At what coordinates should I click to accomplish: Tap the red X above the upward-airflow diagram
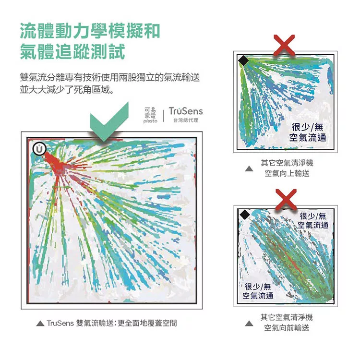[284, 45]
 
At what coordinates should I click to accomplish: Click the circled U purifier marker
[39, 149]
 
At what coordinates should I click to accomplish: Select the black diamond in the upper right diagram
[243, 60]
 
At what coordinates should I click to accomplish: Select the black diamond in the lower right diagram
[245, 215]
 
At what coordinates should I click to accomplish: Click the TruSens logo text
[186, 111]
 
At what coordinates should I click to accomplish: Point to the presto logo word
[150, 121]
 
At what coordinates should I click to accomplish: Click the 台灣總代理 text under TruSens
[186, 120]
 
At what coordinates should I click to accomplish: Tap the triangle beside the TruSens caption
[40, 323]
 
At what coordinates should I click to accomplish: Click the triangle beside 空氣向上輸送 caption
[249, 169]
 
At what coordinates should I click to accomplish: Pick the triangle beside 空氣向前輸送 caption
[249, 324]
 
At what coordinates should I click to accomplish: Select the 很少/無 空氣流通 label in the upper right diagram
[308, 132]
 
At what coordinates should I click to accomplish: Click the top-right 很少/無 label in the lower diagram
[313, 220]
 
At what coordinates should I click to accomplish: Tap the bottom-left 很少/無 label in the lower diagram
[258, 291]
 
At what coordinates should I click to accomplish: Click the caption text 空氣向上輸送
[287, 173]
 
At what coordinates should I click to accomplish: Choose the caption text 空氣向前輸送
[287, 328]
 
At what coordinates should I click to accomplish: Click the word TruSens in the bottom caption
[60, 323]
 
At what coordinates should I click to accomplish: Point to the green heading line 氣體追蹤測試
[72, 52]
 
